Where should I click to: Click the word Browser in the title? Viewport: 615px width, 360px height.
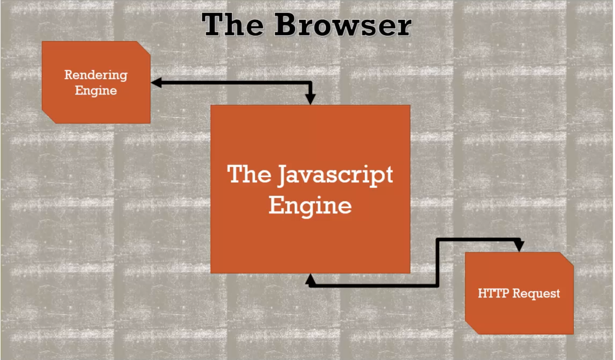click(x=342, y=25)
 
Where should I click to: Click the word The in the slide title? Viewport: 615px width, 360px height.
click(x=232, y=25)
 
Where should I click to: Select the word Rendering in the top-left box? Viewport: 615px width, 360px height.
click(x=96, y=75)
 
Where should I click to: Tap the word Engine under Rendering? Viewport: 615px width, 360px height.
click(x=96, y=90)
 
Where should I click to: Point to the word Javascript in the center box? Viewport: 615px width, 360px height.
click(x=335, y=175)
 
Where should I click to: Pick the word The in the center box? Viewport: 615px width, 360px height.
click(x=249, y=174)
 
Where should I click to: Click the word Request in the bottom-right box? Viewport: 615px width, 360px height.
click(x=536, y=293)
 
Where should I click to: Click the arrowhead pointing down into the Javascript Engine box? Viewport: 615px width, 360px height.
click(x=311, y=99)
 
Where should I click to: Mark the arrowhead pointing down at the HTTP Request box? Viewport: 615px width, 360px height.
click(x=519, y=246)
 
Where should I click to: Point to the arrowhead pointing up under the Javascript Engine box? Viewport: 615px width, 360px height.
click(x=311, y=279)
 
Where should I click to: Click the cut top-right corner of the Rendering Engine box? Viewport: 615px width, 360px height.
click(x=143, y=48)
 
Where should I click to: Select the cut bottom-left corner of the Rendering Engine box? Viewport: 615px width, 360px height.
click(x=49, y=117)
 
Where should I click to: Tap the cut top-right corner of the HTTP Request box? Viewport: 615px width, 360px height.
click(x=567, y=259)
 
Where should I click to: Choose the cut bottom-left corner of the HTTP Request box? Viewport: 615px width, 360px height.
click(x=472, y=328)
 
